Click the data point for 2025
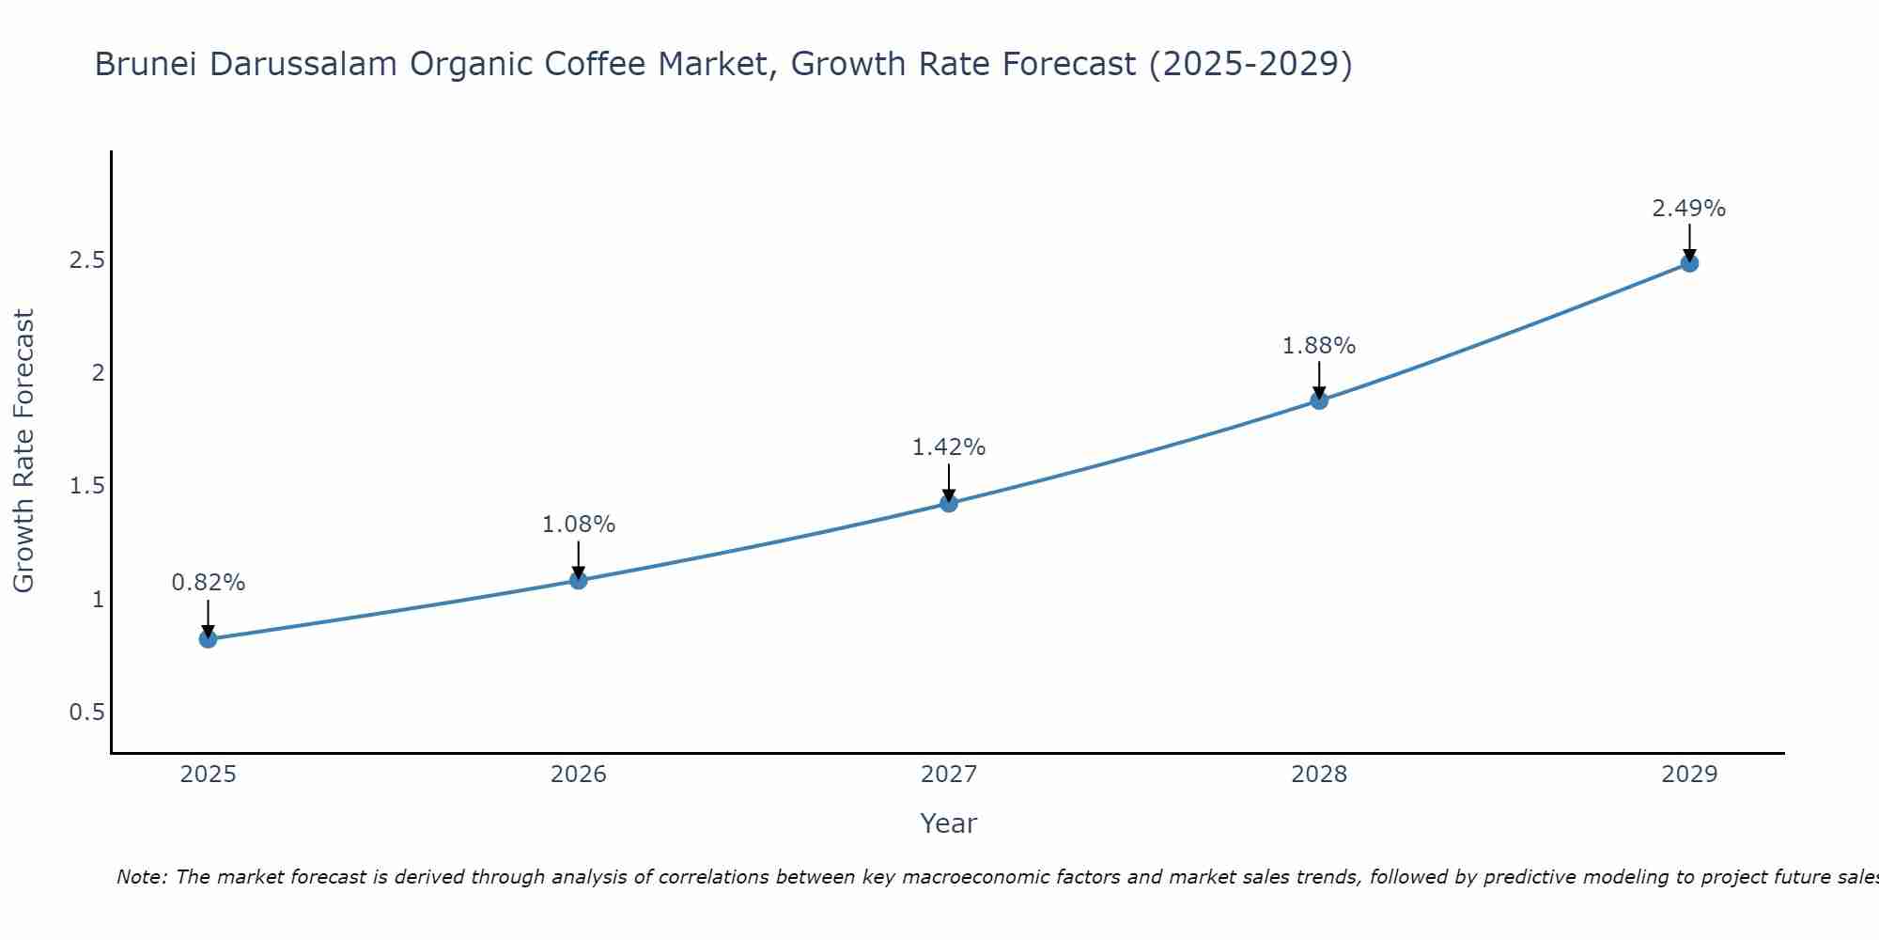tap(208, 639)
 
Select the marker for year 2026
tap(579, 580)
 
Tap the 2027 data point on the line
tap(949, 503)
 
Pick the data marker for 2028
tap(1319, 400)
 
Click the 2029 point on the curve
tap(1689, 263)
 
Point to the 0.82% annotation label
tap(208, 583)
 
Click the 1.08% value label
tap(579, 525)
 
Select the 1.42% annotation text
tap(949, 447)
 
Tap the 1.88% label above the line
tap(1319, 346)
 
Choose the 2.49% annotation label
tap(1689, 209)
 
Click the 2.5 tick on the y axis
tap(86, 260)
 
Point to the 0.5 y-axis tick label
tap(86, 713)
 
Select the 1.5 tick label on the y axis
tap(86, 486)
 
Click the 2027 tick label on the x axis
tap(949, 775)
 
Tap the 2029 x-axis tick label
tap(1689, 775)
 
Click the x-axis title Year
tap(949, 823)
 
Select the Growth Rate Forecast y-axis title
tap(24, 451)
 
